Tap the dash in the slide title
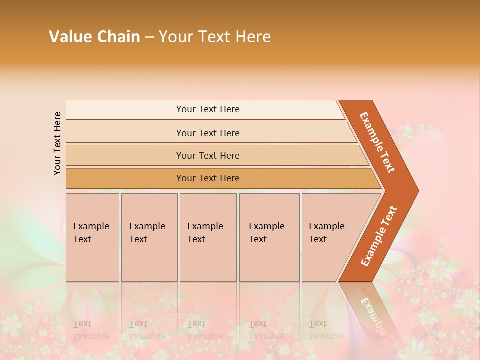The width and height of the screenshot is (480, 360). (x=149, y=37)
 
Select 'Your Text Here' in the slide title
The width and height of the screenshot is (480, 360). (x=215, y=37)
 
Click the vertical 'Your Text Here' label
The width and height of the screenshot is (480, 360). (x=57, y=143)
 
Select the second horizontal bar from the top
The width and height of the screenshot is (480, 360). (x=208, y=133)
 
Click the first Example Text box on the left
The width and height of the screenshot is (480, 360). (x=92, y=237)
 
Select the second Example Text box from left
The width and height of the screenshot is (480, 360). (x=149, y=237)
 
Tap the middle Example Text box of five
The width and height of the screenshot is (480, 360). (x=208, y=237)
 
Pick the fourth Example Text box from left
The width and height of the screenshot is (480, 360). (x=269, y=237)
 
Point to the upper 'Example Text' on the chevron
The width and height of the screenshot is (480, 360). (x=377, y=142)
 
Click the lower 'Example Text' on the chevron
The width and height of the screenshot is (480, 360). (x=378, y=236)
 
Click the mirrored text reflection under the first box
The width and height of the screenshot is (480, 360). (x=91, y=330)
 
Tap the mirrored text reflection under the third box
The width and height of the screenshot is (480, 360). (x=205, y=330)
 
